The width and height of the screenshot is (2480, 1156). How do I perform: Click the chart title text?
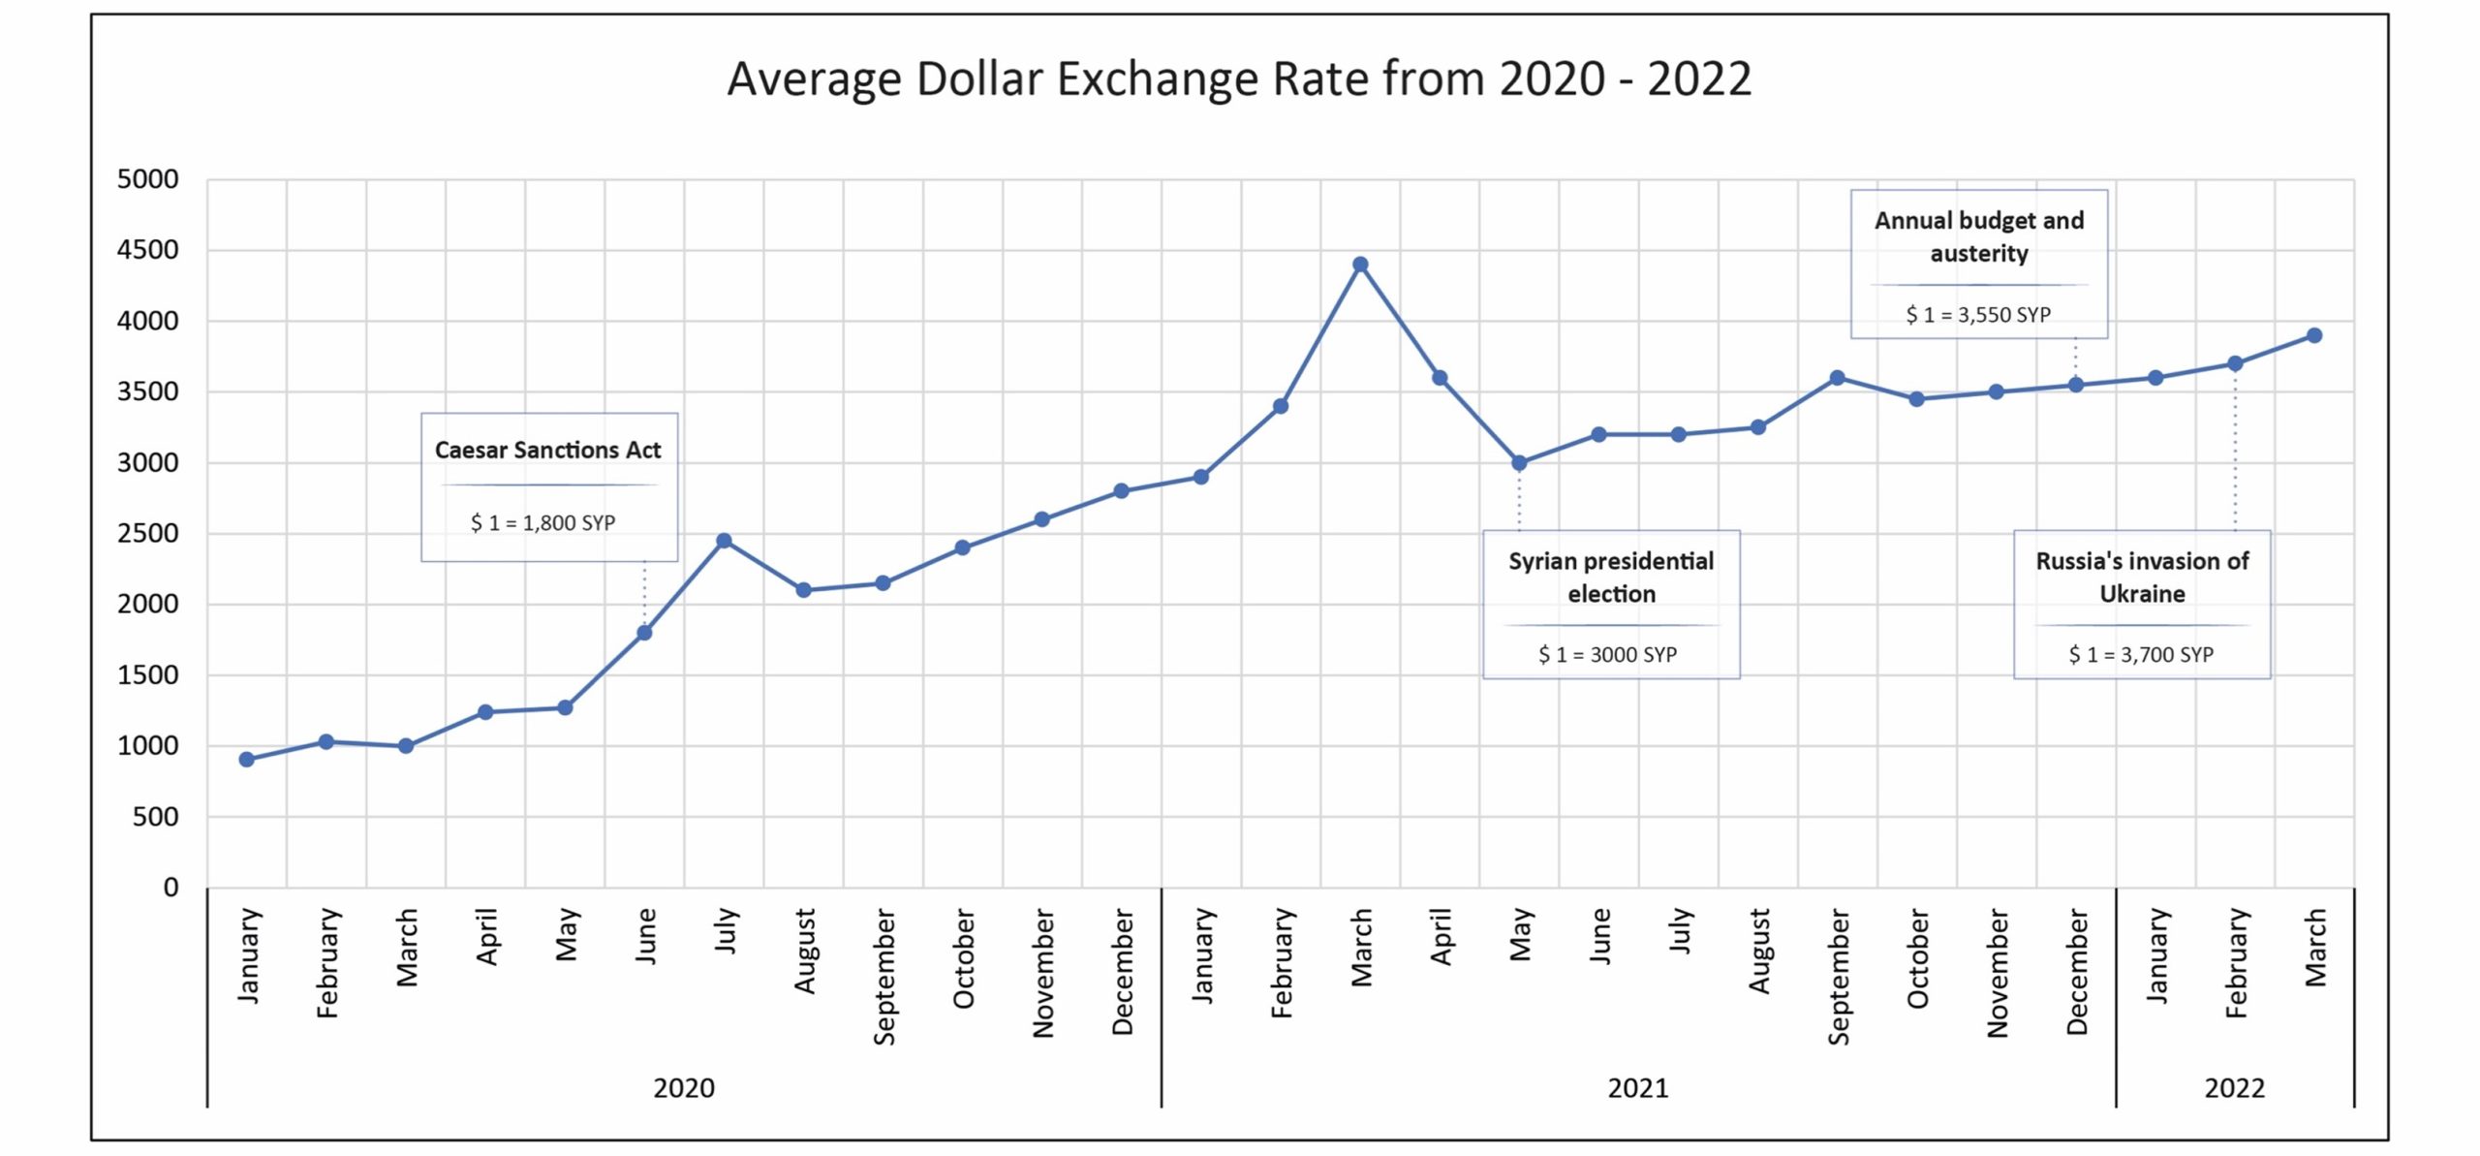(x=1239, y=79)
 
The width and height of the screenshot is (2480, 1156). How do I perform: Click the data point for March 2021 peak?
(x=1360, y=265)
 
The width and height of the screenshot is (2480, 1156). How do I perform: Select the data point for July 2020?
(x=724, y=541)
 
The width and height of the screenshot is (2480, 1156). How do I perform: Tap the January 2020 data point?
(x=247, y=760)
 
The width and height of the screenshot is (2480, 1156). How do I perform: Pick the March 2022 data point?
(x=2314, y=335)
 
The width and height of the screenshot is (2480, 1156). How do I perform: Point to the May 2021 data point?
(x=1519, y=463)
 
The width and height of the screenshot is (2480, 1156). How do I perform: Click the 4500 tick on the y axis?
(x=147, y=250)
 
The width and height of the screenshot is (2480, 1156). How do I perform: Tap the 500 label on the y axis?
(x=155, y=817)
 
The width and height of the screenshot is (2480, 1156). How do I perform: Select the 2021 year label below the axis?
(x=1638, y=1088)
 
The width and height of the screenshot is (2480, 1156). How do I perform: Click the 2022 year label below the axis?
(x=2235, y=1088)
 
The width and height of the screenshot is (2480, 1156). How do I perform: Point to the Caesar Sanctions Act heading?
(x=547, y=450)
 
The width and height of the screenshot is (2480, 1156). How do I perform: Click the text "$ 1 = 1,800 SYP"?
(x=542, y=523)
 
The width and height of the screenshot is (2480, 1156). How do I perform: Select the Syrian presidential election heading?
(x=1611, y=577)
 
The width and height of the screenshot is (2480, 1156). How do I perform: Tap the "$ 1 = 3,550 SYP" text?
(x=1978, y=315)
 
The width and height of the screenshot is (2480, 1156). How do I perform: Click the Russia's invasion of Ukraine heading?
(x=2142, y=577)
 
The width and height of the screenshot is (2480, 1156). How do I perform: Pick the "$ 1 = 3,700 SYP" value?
(x=2141, y=655)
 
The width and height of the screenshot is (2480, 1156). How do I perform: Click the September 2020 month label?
(x=883, y=976)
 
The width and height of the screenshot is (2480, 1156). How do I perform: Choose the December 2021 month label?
(x=2076, y=971)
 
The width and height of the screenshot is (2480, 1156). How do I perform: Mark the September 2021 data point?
(x=1837, y=378)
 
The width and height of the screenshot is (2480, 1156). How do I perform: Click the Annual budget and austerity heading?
(x=1979, y=236)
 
